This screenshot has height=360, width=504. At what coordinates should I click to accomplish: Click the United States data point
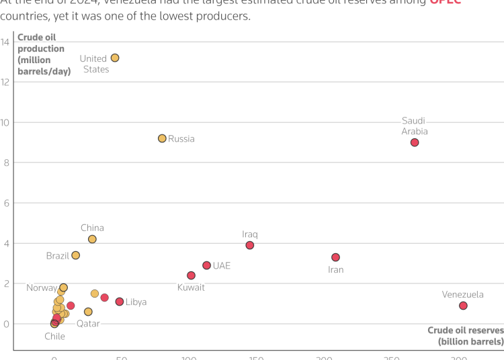(115, 58)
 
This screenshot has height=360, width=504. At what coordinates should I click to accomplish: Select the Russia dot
(162, 138)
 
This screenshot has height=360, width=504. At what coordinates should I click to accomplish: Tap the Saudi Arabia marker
(415, 142)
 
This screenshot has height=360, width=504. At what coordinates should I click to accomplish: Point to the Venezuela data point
(463, 306)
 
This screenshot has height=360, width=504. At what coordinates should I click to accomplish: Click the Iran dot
(335, 257)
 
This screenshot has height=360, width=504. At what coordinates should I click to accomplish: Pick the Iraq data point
(250, 245)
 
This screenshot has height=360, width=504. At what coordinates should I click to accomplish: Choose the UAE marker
(206, 265)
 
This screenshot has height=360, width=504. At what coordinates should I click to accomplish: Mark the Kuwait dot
(191, 275)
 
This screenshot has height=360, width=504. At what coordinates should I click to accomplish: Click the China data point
(92, 239)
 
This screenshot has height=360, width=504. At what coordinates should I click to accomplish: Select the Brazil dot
(75, 255)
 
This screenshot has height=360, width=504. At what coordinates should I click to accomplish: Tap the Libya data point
(120, 302)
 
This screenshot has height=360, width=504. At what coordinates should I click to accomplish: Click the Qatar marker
(88, 312)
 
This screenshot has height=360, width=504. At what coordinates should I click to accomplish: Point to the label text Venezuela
(462, 294)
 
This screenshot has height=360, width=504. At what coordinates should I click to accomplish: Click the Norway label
(42, 288)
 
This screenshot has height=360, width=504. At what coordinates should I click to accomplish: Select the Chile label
(54, 336)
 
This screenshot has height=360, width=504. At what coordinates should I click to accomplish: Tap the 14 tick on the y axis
(5, 42)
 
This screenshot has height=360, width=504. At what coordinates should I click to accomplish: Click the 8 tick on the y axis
(5, 163)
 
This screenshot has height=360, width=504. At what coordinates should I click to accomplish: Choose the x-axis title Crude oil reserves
(465, 336)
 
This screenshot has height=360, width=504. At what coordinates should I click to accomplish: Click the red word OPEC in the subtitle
(445, 3)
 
